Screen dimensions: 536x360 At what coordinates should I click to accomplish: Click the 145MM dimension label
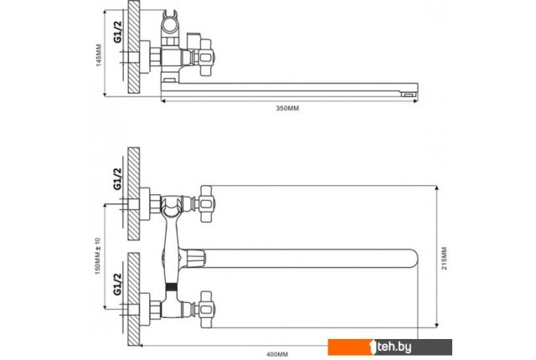tap(99, 55)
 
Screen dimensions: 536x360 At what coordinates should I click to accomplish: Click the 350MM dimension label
tap(287, 108)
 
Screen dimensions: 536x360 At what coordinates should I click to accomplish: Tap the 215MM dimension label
tap(444, 258)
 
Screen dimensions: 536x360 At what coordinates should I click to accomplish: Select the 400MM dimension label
tap(277, 354)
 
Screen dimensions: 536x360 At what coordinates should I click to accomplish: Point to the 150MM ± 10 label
tap(98, 256)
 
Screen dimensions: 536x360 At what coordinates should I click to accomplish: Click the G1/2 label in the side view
tap(117, 32)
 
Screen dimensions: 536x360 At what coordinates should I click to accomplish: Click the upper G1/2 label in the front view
tap(117, 178)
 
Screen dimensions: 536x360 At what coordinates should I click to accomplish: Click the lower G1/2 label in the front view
tap(117, 284)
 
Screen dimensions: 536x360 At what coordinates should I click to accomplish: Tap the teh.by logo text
tap(394, 347)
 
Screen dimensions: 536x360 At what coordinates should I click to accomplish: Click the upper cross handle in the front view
tap(207, 204)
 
